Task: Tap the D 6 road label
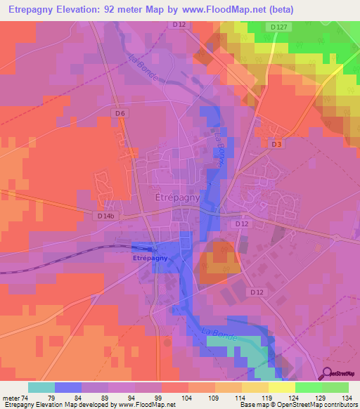click(x=120, y=113)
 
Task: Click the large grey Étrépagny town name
click(x=177, y=198)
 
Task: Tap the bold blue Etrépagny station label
click(x=148, y=258)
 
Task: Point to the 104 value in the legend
click(x=186, y=397)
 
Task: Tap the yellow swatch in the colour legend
click(x=281, y=387)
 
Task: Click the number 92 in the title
click(x=129, y=9)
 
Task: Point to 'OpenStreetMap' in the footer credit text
click(x=289, y=405)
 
